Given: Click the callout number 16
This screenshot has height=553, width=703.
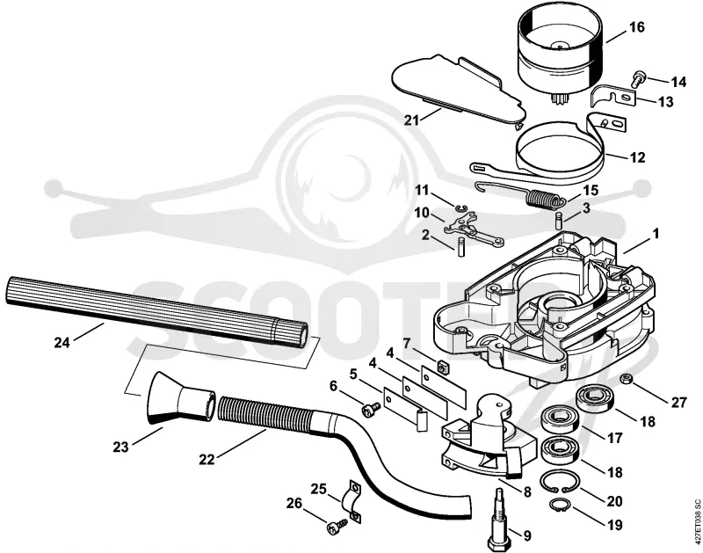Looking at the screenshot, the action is click(636, 27).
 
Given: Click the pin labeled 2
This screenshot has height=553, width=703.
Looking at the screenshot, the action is click(460, 248).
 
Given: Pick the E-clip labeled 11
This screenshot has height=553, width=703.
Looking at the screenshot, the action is click(460, 207).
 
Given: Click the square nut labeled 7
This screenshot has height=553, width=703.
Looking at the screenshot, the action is click(445, 367).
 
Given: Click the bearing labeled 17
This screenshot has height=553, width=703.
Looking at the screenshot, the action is click(558, 418).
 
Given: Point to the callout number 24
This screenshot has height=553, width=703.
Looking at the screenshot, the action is click(62, 343).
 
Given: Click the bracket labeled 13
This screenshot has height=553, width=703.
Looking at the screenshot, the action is click(613, 97).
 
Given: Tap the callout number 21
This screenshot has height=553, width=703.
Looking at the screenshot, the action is click(411, 120).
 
